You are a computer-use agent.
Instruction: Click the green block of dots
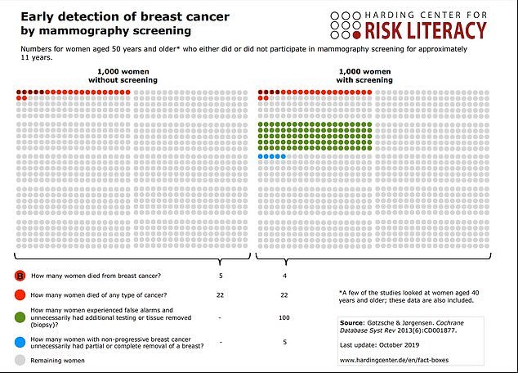pos(315,136)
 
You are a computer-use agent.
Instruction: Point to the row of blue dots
pos(272,156)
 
